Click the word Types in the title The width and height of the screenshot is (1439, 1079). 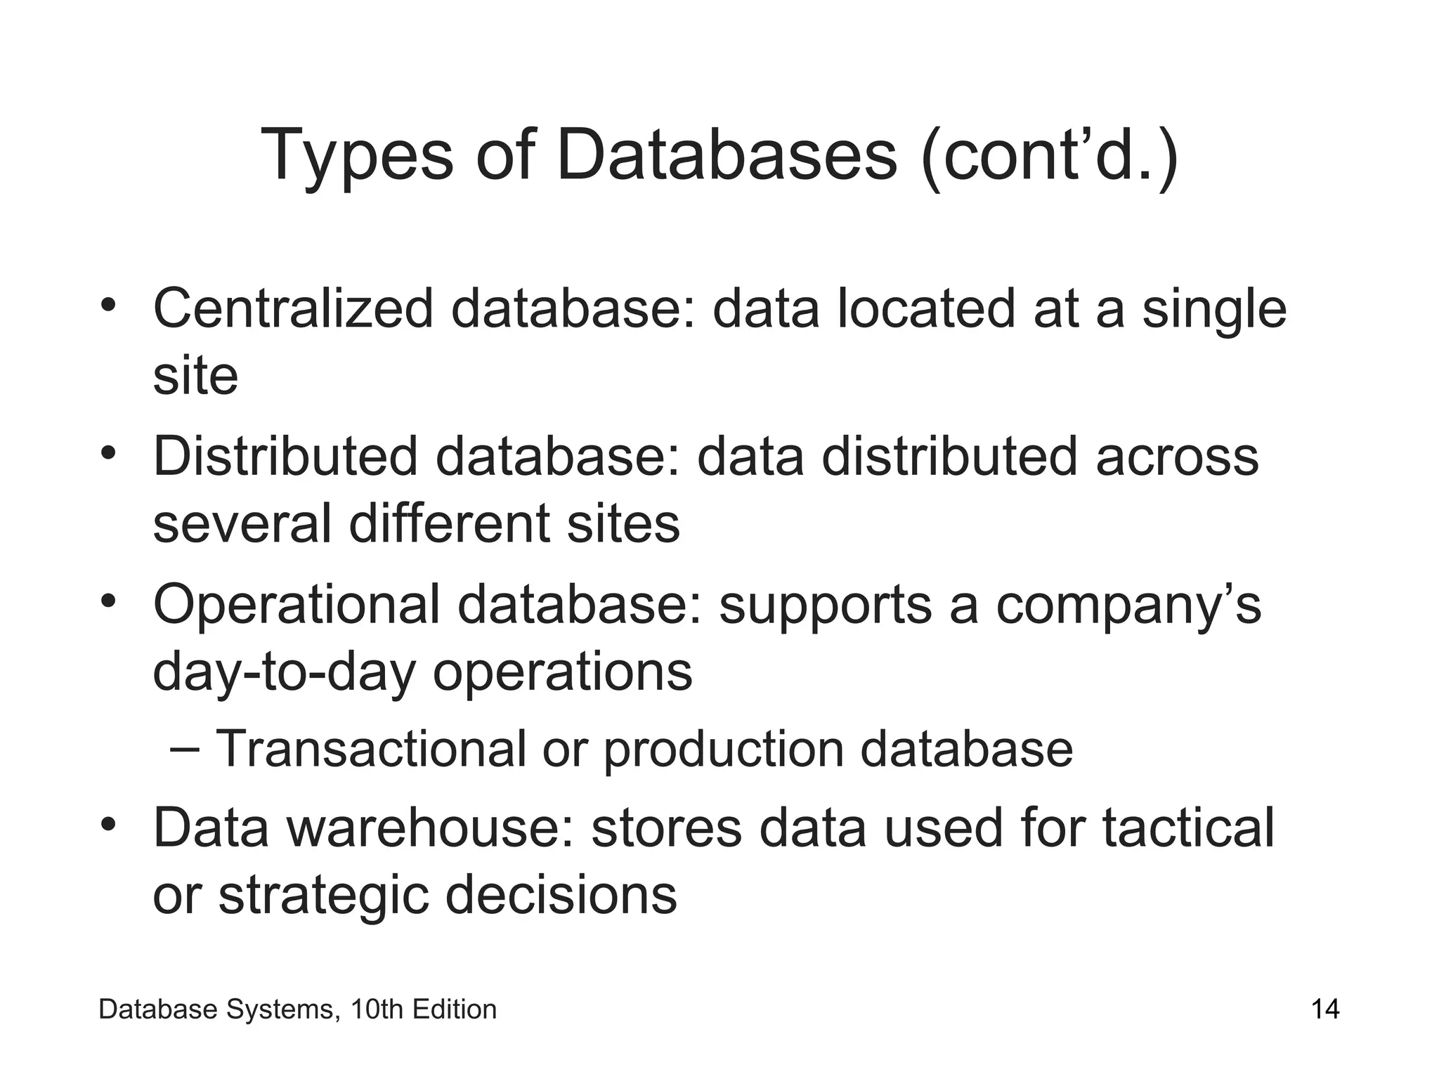pyautogui.click(x=358, y=156)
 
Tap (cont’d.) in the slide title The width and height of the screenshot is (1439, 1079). pyautogui.click(x=1049, y=156)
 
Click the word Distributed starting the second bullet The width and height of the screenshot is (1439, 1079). pyautogui.click(x=285, y=457)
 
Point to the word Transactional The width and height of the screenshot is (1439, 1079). pyautogui.click(x=370, y=749)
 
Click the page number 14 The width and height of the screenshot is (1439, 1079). pyautogui.click(x=1325, y=1010)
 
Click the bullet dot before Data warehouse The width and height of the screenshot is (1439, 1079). pyautogui.click(x=108, y=823)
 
